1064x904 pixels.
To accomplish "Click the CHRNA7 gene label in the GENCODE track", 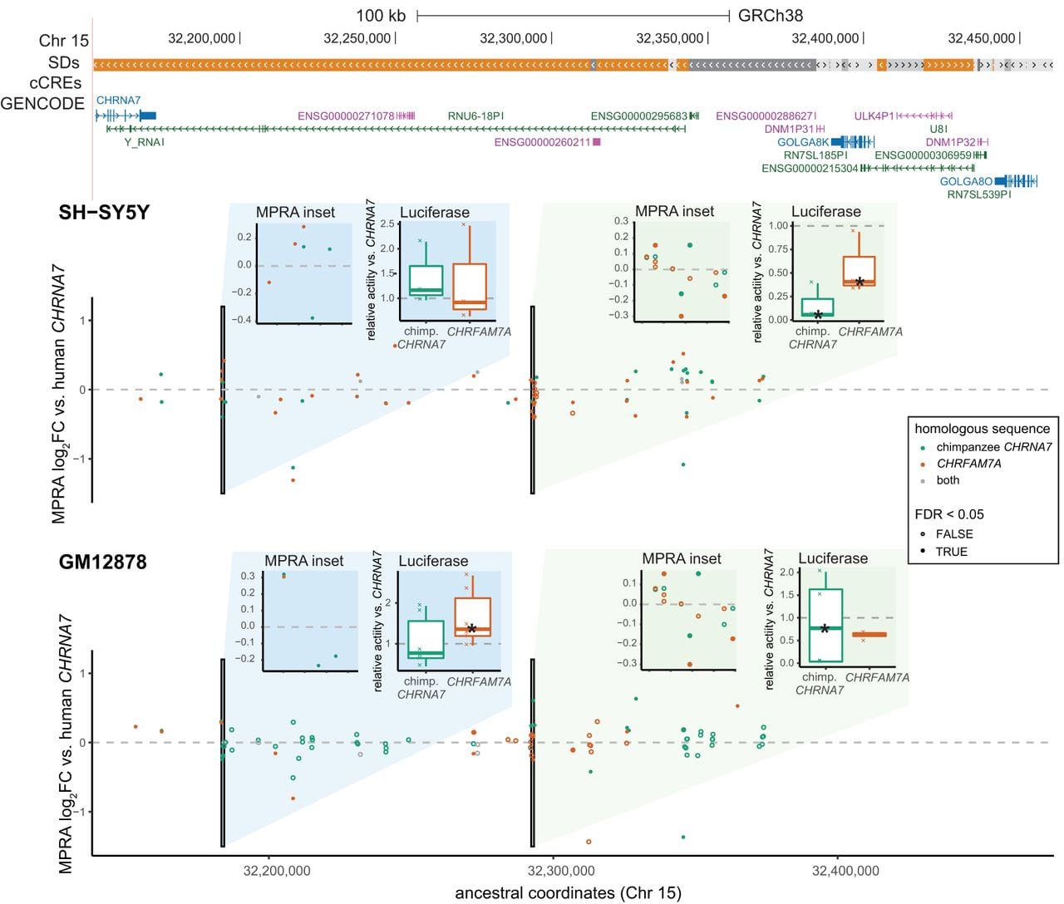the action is click(118, 101).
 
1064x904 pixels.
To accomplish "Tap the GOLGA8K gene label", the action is click(803, 142).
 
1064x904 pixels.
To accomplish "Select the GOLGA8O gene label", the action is click(966, 181).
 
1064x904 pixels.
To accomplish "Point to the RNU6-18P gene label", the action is click(474, 115).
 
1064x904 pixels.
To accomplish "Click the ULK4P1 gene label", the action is click(874, 115).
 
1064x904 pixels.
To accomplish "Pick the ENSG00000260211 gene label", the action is click(542, 142).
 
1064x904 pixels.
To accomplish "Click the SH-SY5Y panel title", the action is click(104, 212).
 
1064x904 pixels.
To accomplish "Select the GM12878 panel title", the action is click(102, 562).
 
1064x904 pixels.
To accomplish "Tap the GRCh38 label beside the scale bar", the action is click(770, 16).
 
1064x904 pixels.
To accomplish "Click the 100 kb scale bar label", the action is click(381, 16).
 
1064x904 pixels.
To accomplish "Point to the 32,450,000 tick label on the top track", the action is click(981, 38).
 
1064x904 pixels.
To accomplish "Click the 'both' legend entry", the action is click(948, 480).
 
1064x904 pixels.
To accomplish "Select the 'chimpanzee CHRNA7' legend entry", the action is click(994, 446).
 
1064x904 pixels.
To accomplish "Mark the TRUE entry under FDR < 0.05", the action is click(951, 552).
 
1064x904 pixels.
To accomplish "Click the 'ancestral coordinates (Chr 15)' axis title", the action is click(569, 892).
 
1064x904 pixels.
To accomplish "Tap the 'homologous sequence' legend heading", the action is click(983, 429).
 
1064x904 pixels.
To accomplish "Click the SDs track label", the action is click(64, 62).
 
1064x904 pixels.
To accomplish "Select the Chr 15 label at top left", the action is click(64, 40).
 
